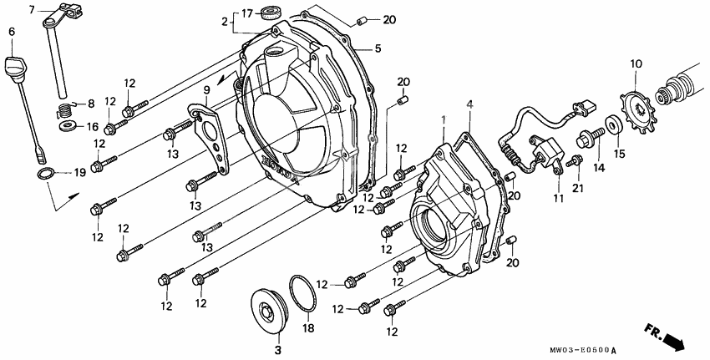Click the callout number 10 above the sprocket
pos(636,63)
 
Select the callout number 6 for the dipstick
pos(11,32)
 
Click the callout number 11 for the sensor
pos(556,197)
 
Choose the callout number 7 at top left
pos(33,10)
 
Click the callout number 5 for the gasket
pos(378,49)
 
